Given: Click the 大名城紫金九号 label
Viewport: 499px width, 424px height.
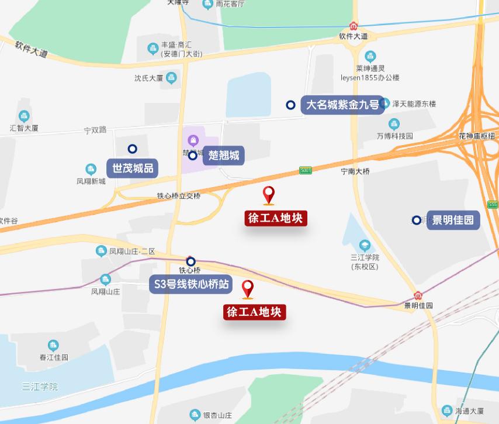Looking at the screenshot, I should [342, 105].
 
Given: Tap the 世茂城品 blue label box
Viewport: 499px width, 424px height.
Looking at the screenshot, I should [133, 168].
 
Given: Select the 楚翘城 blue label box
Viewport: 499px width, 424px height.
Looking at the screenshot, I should [224, 156].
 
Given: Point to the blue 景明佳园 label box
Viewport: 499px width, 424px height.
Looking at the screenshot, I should [453, 220].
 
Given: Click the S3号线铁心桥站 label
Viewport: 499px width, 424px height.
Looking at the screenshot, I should [191, 285].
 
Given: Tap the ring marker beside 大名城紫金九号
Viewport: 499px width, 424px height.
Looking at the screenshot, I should [290, 105].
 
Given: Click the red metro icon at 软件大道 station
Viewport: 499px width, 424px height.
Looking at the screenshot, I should [354, 26].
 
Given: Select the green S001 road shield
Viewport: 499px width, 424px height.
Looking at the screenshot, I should [306, 170].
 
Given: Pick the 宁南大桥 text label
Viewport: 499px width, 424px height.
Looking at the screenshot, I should [355, 171].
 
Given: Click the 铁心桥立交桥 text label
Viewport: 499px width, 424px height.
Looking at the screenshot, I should [179, 196].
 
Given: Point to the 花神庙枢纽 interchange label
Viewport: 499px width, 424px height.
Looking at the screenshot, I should [476, 136].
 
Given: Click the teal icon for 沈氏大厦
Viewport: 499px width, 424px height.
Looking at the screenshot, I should [171, 77].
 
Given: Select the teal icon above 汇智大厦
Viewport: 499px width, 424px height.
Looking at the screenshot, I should [24, 116].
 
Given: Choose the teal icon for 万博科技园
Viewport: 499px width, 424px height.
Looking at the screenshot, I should [394, 124].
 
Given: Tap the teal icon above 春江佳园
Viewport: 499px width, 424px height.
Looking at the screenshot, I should [54, 345].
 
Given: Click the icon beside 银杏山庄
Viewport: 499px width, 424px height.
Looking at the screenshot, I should [195, 415].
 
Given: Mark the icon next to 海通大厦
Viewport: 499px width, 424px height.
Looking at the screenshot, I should [447, 411].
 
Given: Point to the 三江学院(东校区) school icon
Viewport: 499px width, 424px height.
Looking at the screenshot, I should [365, 245].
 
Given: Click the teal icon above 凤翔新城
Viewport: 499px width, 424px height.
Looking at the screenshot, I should [91, 170].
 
